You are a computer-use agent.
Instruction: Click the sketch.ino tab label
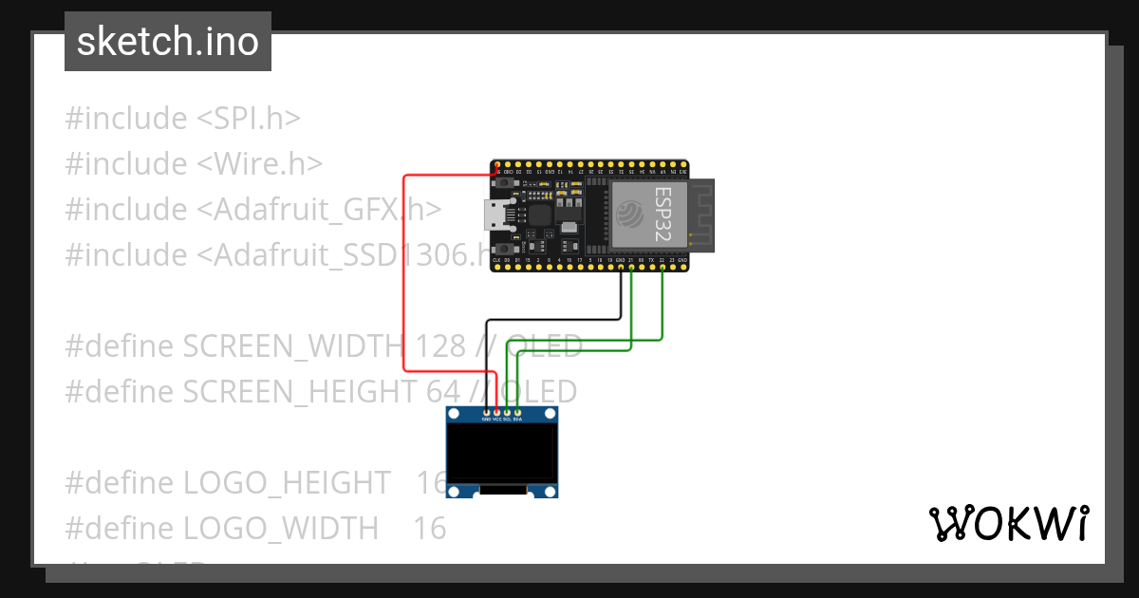(167, 42)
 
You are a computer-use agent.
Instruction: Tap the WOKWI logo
(1008, 523)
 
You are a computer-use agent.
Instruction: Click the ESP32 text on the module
(663, 214)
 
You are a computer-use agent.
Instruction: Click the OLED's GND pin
(486, 411)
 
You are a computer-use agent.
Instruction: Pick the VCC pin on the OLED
(496, 411)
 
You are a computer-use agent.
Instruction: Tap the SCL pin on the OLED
(507, 411)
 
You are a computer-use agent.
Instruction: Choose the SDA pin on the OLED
(517, 411)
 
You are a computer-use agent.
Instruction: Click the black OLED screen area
(502, 453)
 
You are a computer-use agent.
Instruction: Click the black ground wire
(551, 320)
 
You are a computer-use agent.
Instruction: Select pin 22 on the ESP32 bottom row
(662, 267)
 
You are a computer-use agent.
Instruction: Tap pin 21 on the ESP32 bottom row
(631, 267)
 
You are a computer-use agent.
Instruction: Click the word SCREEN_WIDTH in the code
(292, 346)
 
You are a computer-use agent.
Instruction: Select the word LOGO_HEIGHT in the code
(286, 483)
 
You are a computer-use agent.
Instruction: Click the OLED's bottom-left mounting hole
(455, 492)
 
